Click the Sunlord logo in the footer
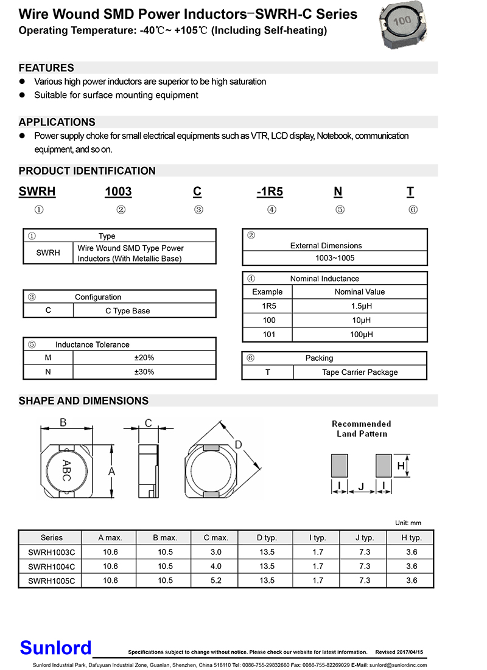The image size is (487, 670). point(55,647)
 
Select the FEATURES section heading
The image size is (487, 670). point(46,68)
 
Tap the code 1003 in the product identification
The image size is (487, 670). point(118,192)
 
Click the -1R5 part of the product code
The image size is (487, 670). point(270,192)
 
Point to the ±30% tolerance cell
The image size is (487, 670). point(144,372)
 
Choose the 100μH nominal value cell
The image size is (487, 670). point(360,335)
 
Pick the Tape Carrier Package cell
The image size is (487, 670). point(360,372)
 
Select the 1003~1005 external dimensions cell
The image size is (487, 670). point(335,258)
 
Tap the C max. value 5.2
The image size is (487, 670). point(216,581)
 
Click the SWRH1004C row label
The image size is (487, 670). point(51,567)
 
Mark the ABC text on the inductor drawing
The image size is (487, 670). point(66,470)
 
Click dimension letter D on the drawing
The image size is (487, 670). point(239,445)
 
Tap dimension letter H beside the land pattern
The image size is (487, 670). point(401,466)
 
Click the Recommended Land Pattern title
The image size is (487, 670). point(362,428)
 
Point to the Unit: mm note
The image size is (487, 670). point(408,523)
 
